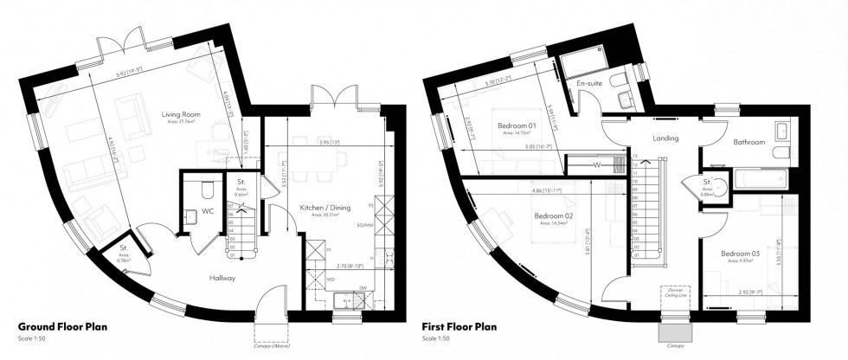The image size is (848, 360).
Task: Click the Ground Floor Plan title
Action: pos(64,327)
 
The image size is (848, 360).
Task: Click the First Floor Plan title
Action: pos(460,327)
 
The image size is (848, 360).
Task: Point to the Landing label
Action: pos(665,138)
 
